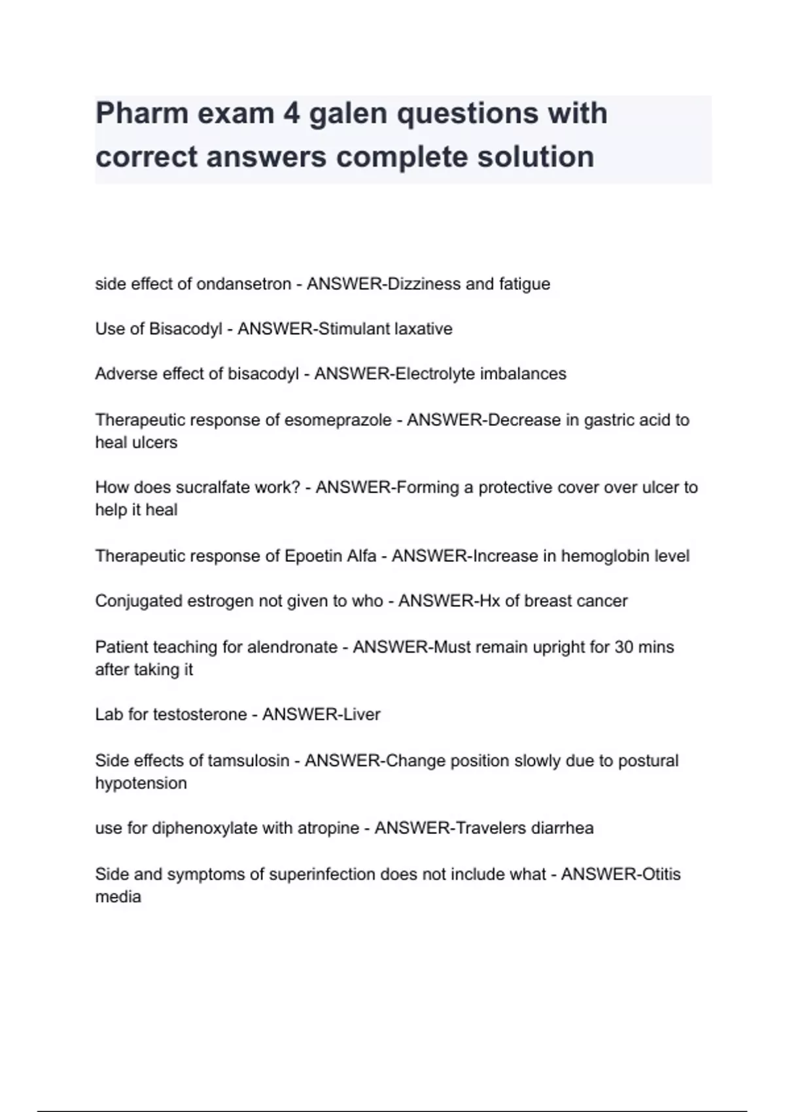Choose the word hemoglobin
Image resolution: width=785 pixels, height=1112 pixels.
602,556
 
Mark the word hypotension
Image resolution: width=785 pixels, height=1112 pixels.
141,784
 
